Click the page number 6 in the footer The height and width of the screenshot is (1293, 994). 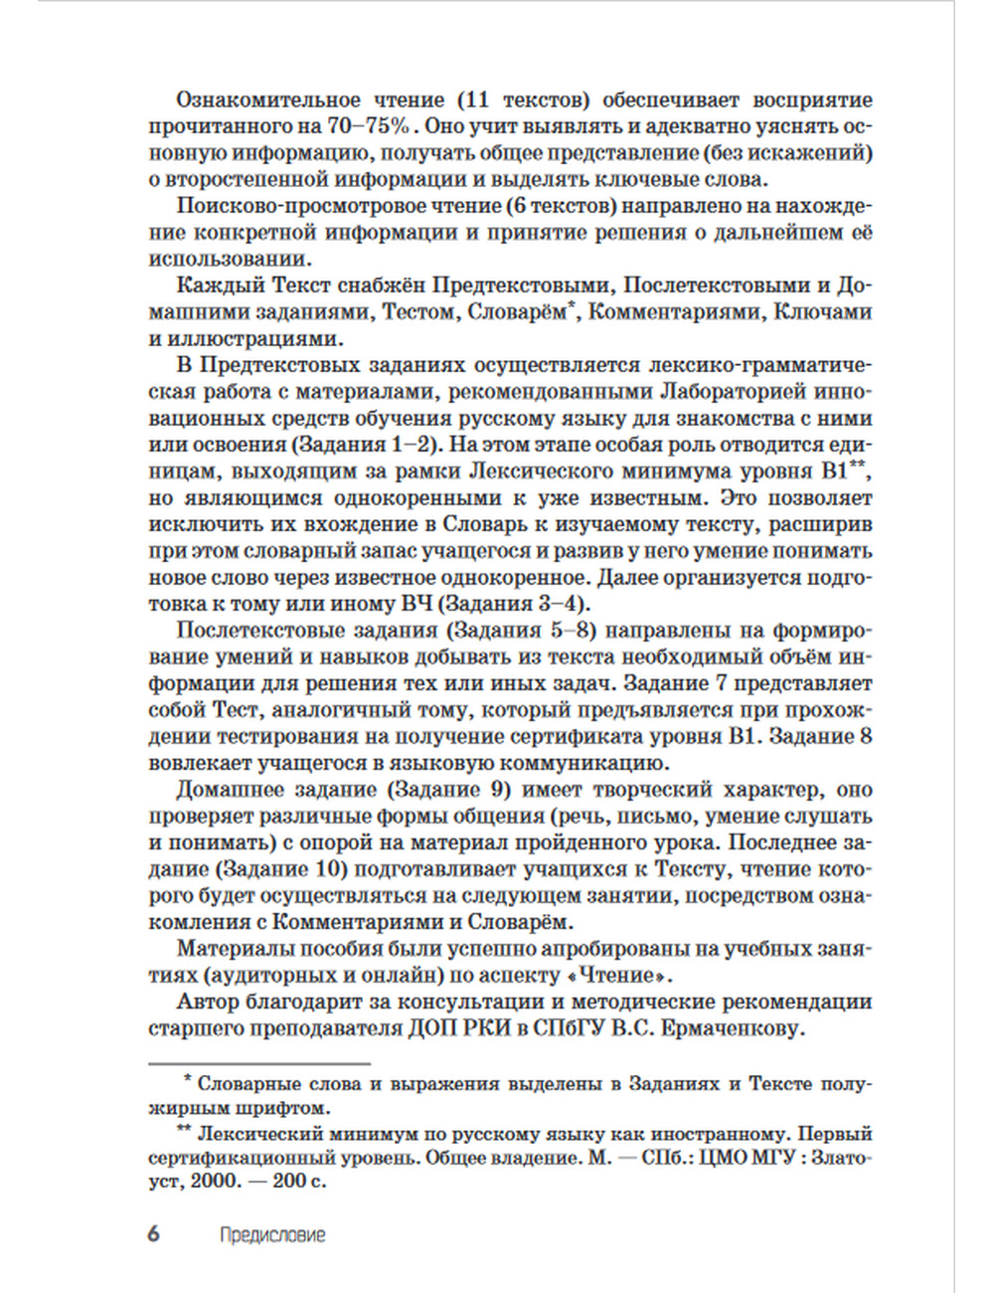(153, 1234)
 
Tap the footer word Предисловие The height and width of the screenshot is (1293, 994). (272, 1235)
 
